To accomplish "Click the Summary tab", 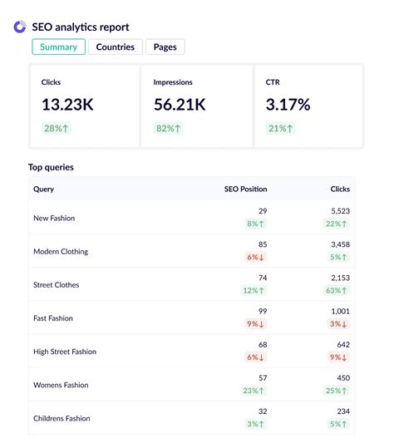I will point(58,47).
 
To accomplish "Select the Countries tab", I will point(115,47).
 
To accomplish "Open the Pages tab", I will point(165,47).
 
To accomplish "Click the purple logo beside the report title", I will point(20,27).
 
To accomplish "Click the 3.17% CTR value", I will point(288,105).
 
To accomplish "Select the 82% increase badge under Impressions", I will point(168,128).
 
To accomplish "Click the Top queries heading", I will point(51,167).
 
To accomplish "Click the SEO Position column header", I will point(245,189).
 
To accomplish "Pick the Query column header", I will point(43,189).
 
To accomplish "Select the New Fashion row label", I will point(54,219).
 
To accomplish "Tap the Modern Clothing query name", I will point(61,252).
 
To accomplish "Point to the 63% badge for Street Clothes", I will point(337,291).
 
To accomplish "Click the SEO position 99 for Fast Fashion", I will point(262,312).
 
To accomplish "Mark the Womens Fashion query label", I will point(61,385).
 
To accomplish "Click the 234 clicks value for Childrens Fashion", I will point(342,411).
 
